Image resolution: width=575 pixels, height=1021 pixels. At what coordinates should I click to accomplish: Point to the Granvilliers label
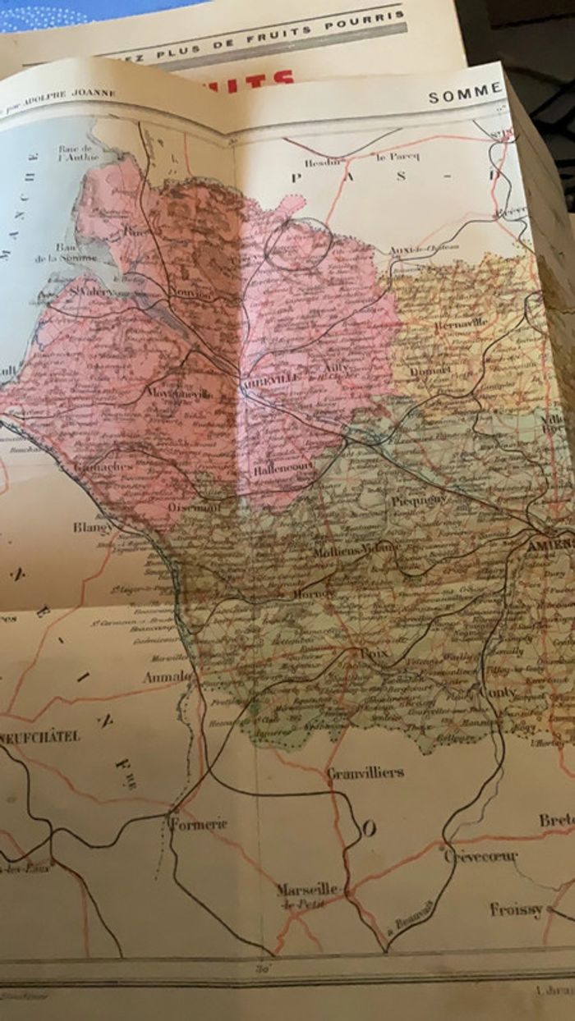click(365, 772)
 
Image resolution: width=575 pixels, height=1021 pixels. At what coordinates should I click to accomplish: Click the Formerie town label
click(197, 823)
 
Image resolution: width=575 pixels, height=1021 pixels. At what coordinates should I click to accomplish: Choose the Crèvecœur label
click(481, 856)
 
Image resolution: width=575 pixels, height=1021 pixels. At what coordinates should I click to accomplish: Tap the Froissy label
click(516, 909)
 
